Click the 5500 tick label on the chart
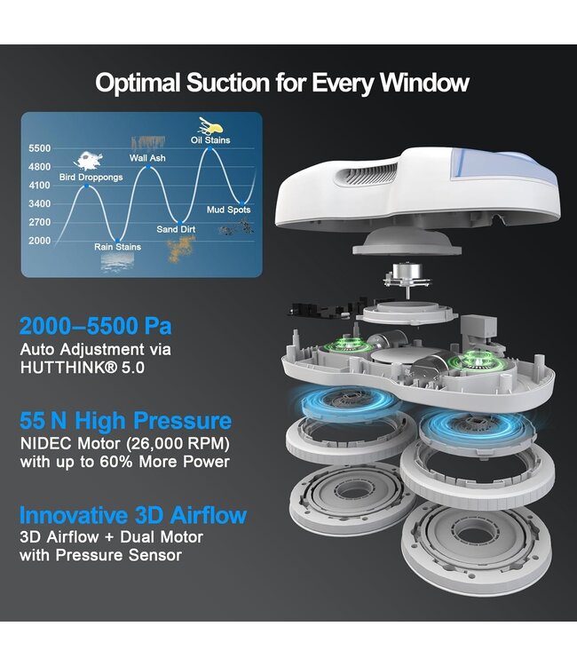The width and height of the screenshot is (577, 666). (39, 148)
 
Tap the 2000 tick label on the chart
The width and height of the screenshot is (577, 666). (39, 241)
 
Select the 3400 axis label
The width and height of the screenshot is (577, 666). (39, 203)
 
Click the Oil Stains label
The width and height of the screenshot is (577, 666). (210, 140)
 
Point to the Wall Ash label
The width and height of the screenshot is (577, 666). (147, 158)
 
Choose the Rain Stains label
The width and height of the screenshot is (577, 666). (117, 247)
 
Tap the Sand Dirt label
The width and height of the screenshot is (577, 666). (176, 229)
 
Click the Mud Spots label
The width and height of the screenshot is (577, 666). (228, 210)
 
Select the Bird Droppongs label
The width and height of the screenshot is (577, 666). (91, 177)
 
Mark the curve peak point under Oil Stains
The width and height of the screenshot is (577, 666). (210, 148)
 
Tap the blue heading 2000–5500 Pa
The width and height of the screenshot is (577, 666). (96, 326)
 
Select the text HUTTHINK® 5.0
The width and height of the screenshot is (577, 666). (83, 368)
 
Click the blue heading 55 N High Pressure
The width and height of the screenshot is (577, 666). (126, 421)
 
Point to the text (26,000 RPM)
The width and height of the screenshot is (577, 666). (178, 443)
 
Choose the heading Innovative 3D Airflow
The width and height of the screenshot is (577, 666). (133, 515)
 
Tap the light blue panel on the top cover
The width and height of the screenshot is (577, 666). (503, 168)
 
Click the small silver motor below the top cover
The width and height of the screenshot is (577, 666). (407, 272)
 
